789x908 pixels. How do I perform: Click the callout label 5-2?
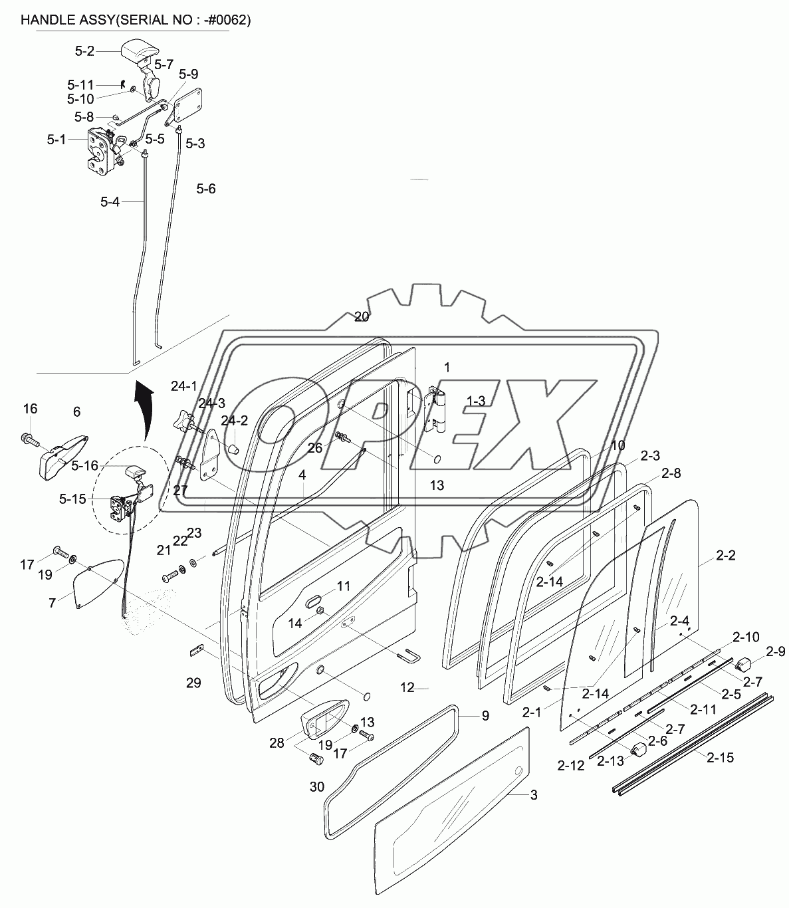pyautogui.click(x=85, y=50)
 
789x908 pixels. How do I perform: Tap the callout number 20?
pyautogui.click(x=361, y=316)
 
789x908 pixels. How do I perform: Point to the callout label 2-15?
pyautogui.click(x=720, y=757)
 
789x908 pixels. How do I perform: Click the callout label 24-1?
pyautogui.click(x=184, y=386)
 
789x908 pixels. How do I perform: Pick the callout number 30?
pyautogui.click(x=317, y=787)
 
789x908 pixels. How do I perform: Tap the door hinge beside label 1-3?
pyautogui.click(x=435, y=409)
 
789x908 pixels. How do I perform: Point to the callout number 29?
pyautogui.click(x=193, y=683)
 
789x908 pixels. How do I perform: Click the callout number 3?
pyautogui.click(x=534, y=795)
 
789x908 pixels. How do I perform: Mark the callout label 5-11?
pyautogui.click(x=80, y=85)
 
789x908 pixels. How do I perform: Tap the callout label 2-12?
pyautogui.click(x=571, y=766)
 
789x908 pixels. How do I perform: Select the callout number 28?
pyautogui.click(x=277, y=742)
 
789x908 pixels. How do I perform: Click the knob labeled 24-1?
pyautogui.click(x=183, y=421)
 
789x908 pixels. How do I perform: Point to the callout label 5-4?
pyautogui.click(x=110, y=201)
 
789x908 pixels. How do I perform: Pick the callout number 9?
pyautogui.click(x=485, y=716)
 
